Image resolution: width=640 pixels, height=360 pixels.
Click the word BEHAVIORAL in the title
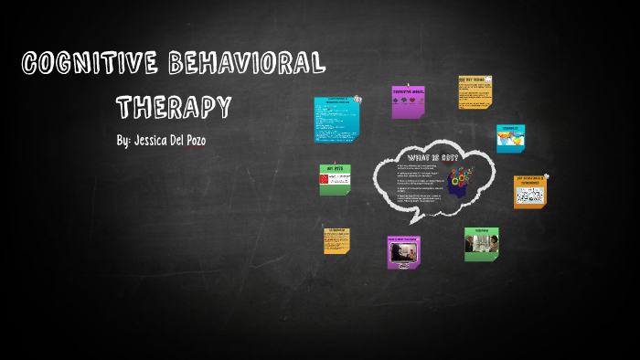click(x=248, y=63)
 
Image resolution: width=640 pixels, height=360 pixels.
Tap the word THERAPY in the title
click(x=173, y=106)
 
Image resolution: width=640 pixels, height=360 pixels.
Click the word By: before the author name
click(x=123, y=143)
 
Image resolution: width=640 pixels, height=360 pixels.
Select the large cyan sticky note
click(x=336, y=119)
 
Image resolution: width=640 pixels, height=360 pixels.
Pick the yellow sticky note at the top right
click(x=475, y=92)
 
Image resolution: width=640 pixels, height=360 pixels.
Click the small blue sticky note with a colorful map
click(x=510, y=139)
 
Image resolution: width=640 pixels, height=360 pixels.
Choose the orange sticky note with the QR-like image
click(x=530, y=192)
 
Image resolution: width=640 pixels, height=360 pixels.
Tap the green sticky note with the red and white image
click(x=335, y=180)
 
